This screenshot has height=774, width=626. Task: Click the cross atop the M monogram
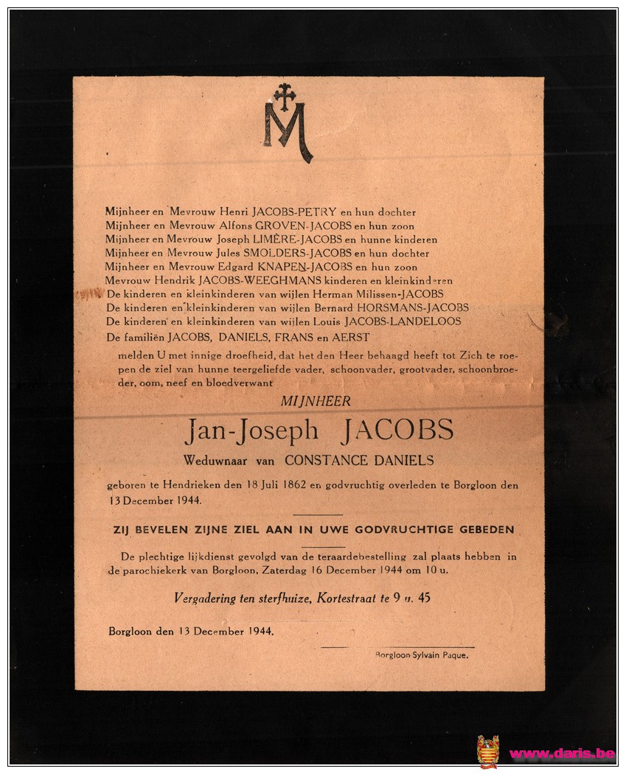tap(284, 96)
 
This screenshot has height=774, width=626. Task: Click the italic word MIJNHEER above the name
tap(316, 402)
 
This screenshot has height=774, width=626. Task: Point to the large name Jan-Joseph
tap(251, 431)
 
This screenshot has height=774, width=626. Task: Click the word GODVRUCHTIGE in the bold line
tap(420, 530)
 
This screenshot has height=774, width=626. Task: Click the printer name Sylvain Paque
tap(441, 655)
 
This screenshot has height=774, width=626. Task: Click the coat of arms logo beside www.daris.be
tap(487, 752)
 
